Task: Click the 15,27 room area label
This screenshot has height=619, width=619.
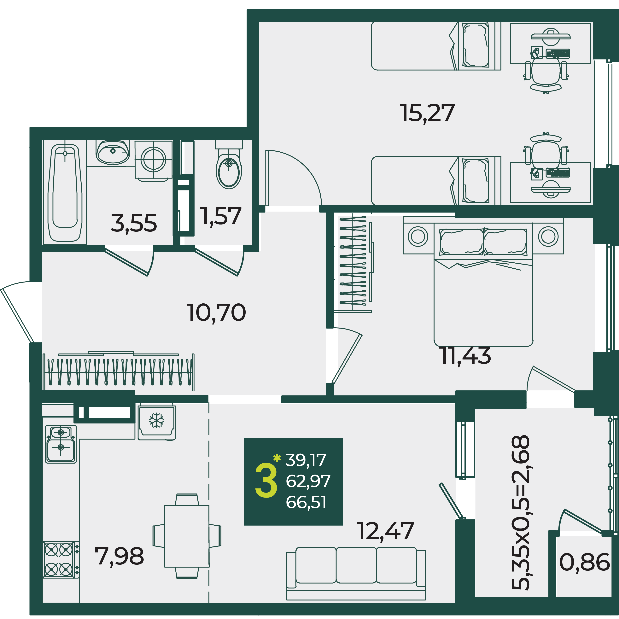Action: (427, 113)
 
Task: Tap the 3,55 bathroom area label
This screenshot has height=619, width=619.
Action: (134, 223)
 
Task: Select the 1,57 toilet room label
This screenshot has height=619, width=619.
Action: (221, 216)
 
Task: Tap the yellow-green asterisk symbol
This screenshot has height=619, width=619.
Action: (277, 458)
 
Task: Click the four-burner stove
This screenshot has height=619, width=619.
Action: (61, 560)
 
